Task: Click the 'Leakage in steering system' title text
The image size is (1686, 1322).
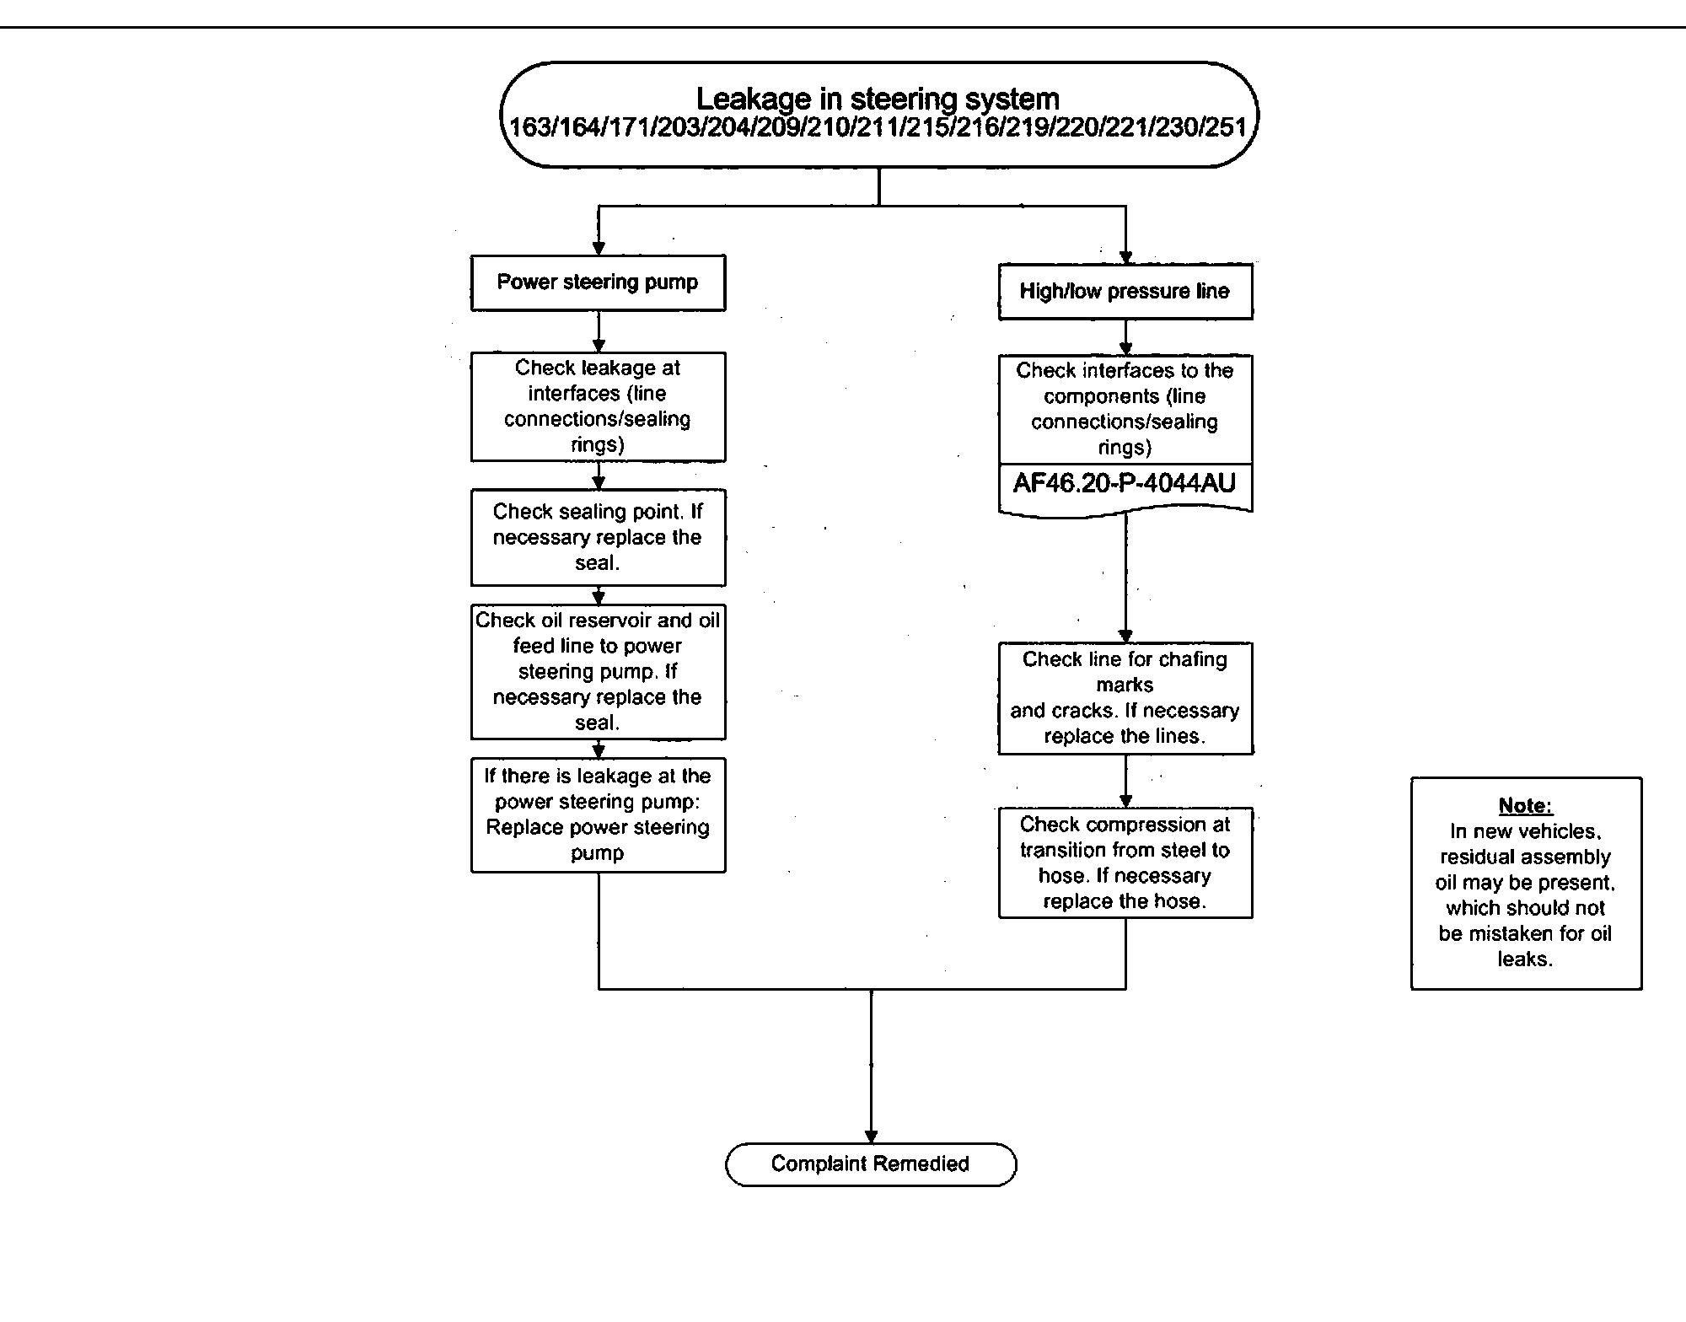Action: click(x=878, y=99)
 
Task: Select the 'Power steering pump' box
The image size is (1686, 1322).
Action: click(x=598, y=282)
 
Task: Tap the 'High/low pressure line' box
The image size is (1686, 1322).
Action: click(x=1125, y=292)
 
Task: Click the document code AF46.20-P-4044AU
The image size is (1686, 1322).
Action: click(x=1125, y=483)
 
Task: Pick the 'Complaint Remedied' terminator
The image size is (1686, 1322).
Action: click(x=871, y=1164)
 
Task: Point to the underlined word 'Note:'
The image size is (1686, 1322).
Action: click(x=1526, y=805)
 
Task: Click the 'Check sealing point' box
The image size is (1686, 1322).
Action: click(x=598, y=537)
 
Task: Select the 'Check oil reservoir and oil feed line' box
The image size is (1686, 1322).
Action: click(x=598, y=671)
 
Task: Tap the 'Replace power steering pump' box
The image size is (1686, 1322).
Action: click(x=598, y=814)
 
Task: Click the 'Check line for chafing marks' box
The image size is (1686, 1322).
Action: click(x=1125, y=698)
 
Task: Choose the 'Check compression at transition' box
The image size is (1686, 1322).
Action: click(x=1125, y=863)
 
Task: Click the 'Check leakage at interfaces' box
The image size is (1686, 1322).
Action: click(x=598, y=406)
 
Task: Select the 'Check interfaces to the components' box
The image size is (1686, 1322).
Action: click(x=1125, y=409)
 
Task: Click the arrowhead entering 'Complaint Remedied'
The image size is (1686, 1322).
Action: click(x=871, y=1137)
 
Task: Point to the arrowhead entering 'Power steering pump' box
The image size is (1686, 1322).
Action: click(x=599, y=249)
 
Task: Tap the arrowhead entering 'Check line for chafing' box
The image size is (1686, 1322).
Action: click(x=1125, y=636)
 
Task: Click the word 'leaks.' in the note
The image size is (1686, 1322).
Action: click(x=1525, y=959)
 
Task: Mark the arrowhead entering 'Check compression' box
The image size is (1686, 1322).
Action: click(x=1125, y=801)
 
